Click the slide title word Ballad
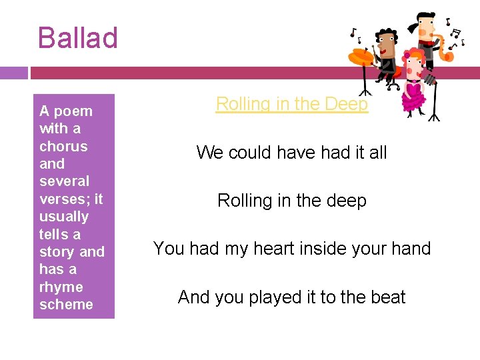coord(78,38)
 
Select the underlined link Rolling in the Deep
coord(291,104)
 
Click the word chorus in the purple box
coord(63,146)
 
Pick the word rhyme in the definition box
coord(61,287)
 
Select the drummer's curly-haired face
coord(386,43)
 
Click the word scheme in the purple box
coord(66,305)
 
